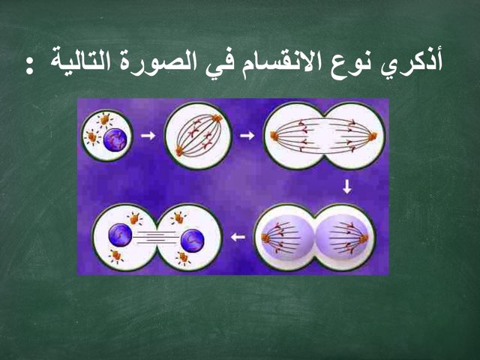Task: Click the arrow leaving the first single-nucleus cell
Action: click(x=148, y=136)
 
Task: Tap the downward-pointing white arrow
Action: click(x=346, y=187)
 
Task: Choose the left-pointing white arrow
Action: click(x=238, y=238)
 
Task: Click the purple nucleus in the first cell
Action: click(x=115, y=139)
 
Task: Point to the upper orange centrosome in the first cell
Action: click(x=104, y=118)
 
